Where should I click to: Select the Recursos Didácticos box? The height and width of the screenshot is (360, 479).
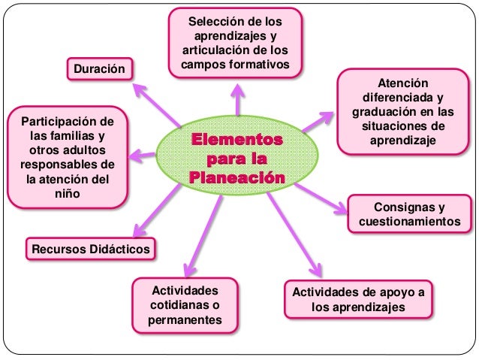[89, 248]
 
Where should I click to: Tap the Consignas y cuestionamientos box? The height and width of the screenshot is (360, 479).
[409, 214]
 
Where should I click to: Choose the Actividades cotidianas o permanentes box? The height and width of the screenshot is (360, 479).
[185, 305]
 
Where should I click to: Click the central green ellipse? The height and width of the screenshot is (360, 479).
[237, 159]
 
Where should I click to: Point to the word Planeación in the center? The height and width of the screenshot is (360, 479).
[237, 178]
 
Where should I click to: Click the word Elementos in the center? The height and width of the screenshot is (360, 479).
[237, 140]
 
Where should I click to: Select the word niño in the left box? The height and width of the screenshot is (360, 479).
[66, 194]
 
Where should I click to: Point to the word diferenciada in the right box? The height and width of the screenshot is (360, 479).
[402, 98]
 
